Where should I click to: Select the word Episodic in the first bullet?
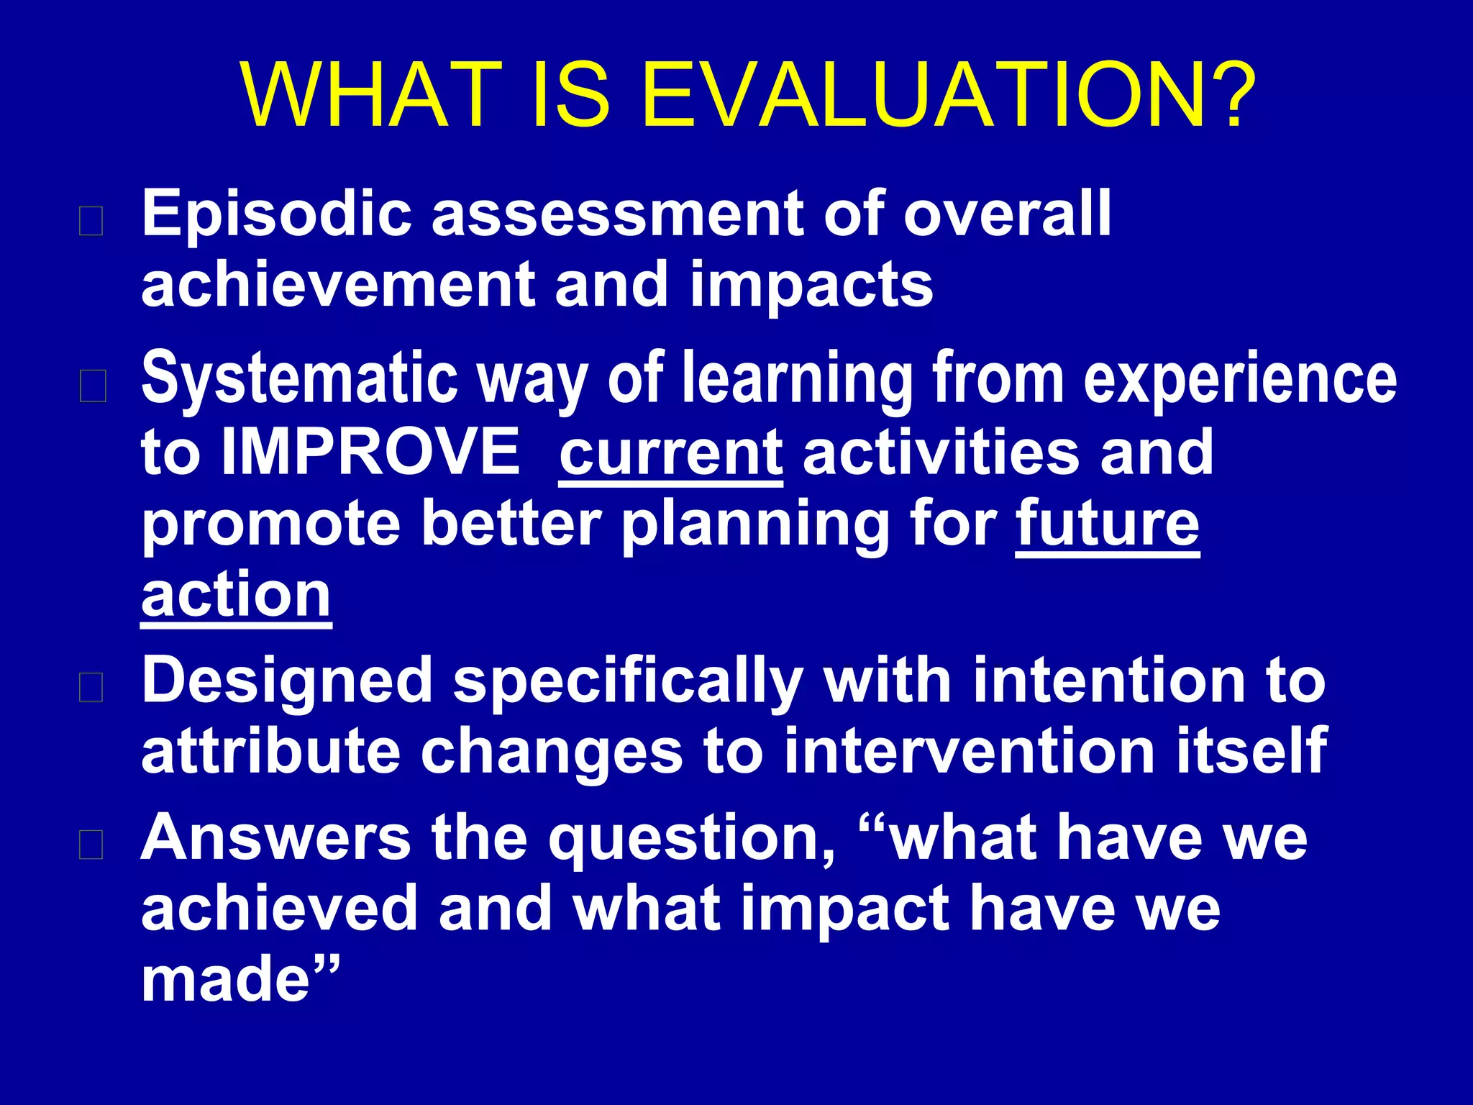277,214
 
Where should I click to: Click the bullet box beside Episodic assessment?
91,221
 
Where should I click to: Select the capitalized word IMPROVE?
370,452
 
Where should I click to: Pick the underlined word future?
1108,524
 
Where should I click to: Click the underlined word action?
236,596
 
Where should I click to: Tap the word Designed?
287,682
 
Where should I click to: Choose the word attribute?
270,752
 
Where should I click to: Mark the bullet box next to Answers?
91,845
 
